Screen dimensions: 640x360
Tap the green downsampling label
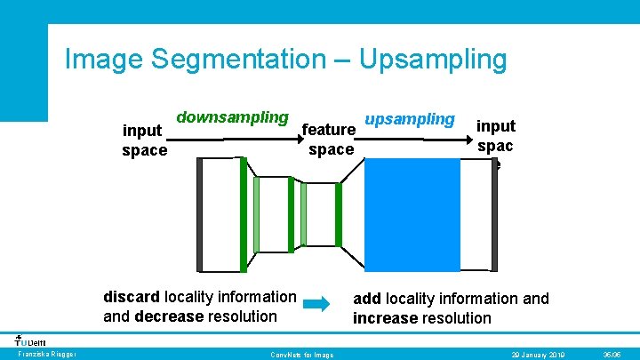pos(232,117)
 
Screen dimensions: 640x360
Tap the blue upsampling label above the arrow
pos(411,119)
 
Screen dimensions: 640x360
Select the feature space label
pos(330,140)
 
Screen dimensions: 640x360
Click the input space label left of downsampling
pos(144,140)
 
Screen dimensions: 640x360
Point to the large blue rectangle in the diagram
pos(412,213)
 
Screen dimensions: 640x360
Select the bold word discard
pos(131,297)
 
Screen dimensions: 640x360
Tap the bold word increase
pos(387,317)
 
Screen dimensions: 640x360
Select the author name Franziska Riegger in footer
pos(47,355)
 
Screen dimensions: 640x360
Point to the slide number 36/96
pos(612,355)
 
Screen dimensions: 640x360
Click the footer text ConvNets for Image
pos(301,355)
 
